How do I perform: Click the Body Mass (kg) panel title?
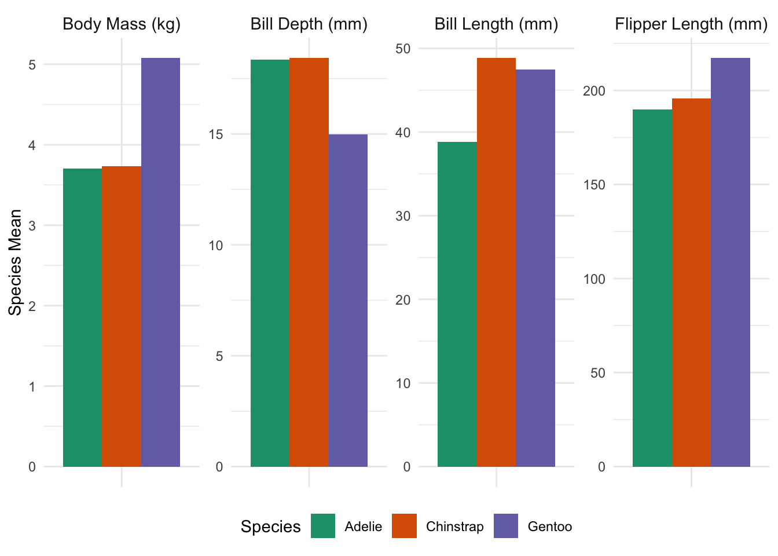(x=122, y=24)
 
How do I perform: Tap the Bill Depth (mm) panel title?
(x=309, y=24)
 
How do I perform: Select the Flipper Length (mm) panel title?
(x=691, y=24)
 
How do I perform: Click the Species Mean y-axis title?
(x=16, y=262)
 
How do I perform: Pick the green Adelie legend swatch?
(x=323, y=526)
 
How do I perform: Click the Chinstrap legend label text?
(x=454, y=526)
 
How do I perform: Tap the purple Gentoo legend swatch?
(x=506, y=526)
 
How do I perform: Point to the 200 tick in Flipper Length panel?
(x=594, y=91)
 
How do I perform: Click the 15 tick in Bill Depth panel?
(x=216, y=134)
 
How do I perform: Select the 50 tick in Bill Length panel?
(x=403, y=49)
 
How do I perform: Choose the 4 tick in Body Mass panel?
(x=32, y=145)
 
